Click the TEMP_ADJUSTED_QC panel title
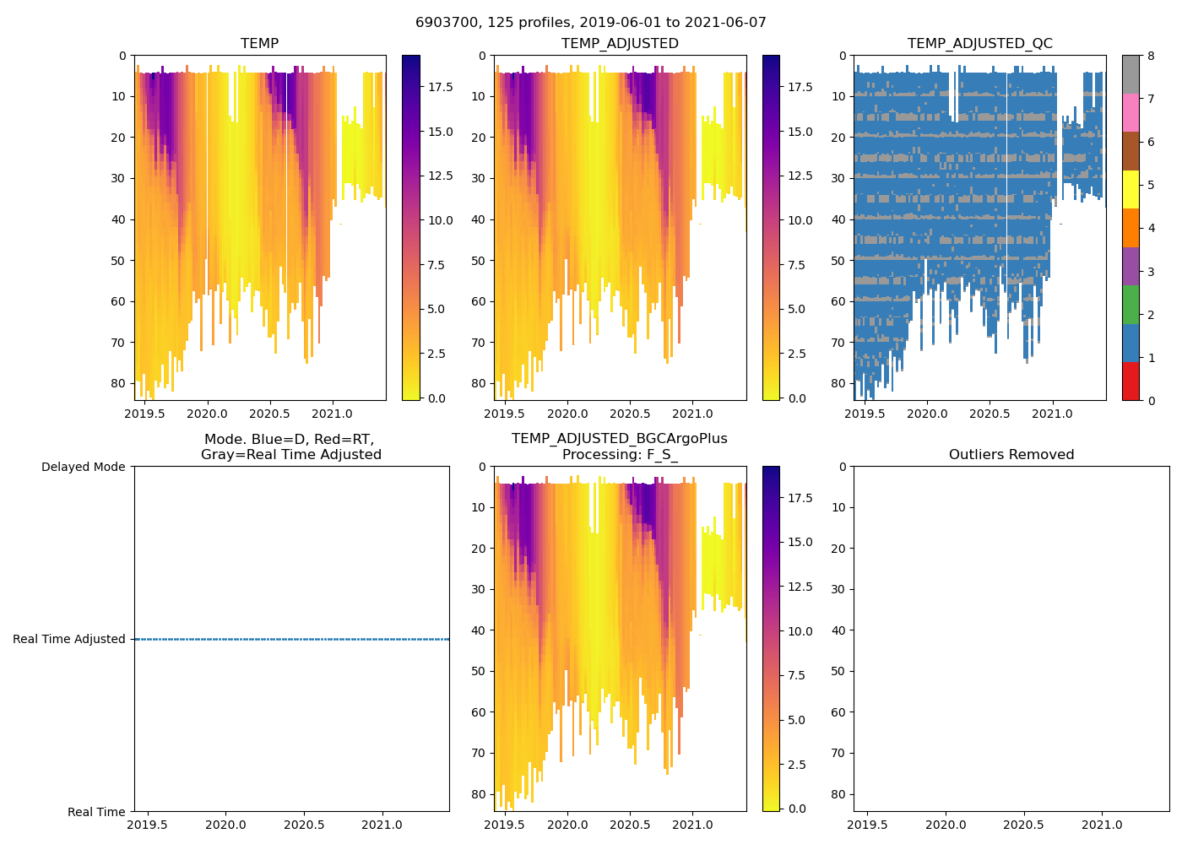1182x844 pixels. point(979,43)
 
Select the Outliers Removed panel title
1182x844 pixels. point(1011,454)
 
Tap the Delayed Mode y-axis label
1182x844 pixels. point(83,467)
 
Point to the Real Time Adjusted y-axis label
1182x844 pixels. point(69,639)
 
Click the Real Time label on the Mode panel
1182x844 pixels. point(96,812)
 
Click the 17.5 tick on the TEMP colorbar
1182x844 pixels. point(441,87)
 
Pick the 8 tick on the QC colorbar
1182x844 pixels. point(1151,56)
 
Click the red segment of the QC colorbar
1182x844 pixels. point(1130,381)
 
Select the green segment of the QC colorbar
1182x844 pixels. point(1130,304)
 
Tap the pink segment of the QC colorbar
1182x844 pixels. point(1130,112)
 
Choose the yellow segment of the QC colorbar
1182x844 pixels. point(1130,189)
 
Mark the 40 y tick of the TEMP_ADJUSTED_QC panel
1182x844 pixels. point(842,219)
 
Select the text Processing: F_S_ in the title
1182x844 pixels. point(620,454)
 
